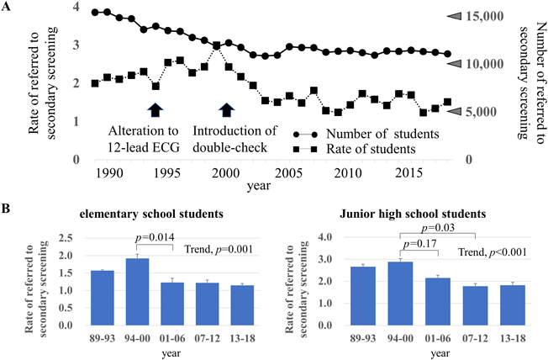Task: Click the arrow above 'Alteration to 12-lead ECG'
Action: coord(155,109)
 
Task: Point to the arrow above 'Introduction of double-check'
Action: coord(226,109)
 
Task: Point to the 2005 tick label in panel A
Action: coord(289,172)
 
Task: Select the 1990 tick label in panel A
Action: coord(108,172)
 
